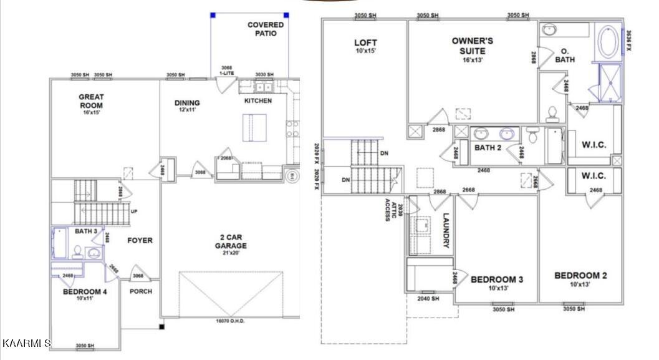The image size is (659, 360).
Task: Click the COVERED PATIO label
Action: click(x=266, y=29)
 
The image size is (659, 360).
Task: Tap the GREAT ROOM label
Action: click(x=91, y=101)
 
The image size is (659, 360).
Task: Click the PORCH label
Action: click(x=141, y=291)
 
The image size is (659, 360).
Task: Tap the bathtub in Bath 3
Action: click(x=60, y=244)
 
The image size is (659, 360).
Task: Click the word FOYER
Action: click(x=140, y=240)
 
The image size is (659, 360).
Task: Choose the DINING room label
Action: click(x=187, y=103)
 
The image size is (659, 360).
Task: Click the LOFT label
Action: click(x=366, y=43)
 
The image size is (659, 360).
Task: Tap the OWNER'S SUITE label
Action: click(x=473, y=45)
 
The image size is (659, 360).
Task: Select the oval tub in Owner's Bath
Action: click(x=608, y=42)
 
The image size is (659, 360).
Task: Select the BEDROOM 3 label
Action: click(x=497, y=280)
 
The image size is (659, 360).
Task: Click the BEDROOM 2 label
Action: click(x=580, y=275)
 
